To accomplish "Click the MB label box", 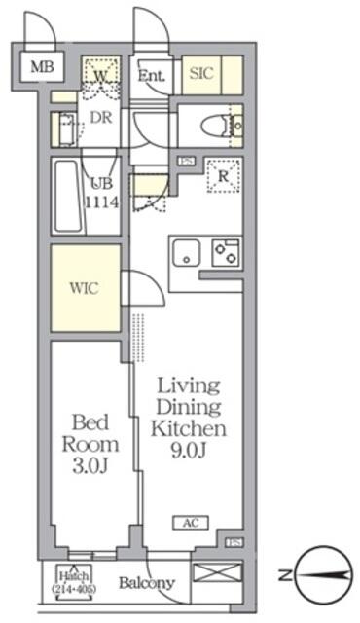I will click(x=41, y=67).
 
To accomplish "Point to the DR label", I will click(x=101, y=118).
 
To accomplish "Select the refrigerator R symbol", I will click(x=224, y=177).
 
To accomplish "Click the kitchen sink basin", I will click(x=185, y=252).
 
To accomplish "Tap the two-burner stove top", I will click(x=226, y=251).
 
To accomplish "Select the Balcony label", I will click(x=146, y=584).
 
